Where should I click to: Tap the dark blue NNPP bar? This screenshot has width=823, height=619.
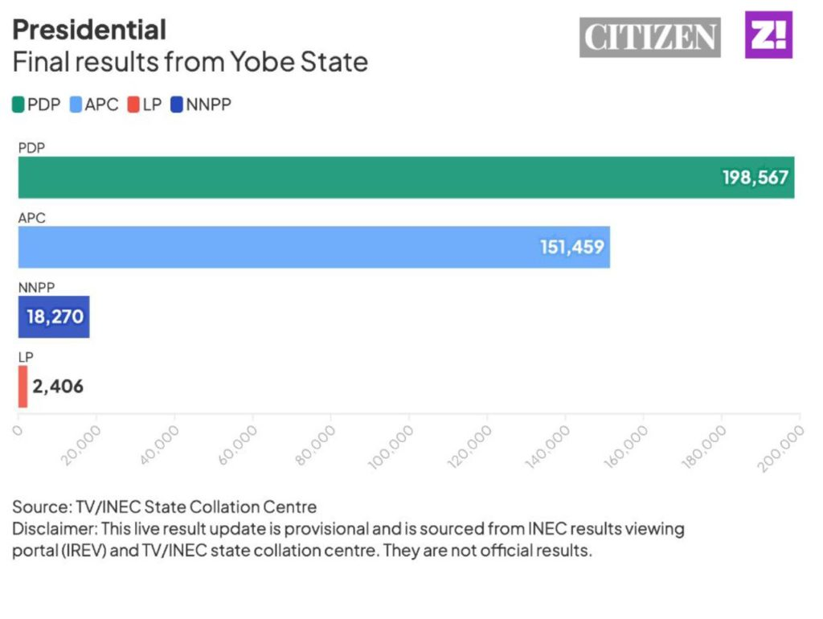coord(54,317)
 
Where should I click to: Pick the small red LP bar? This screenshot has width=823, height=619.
coord(23,386)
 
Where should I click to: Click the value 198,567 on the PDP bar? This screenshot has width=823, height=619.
coord(755,178)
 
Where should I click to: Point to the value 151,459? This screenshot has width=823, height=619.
coord(571,247)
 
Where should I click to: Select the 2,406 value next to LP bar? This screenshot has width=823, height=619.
coord(58,387)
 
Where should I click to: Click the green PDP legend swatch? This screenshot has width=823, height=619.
coord(18,104)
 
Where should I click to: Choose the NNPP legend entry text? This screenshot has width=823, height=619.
coord(208,104)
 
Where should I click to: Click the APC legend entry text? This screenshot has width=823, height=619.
coord(101,104)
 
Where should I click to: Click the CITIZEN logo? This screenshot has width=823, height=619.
coord(650,37)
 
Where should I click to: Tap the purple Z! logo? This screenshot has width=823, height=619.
coord(768,35)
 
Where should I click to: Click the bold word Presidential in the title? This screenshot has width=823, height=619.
coord(89,30)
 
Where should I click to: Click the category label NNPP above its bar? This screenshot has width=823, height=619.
coord(35,287)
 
